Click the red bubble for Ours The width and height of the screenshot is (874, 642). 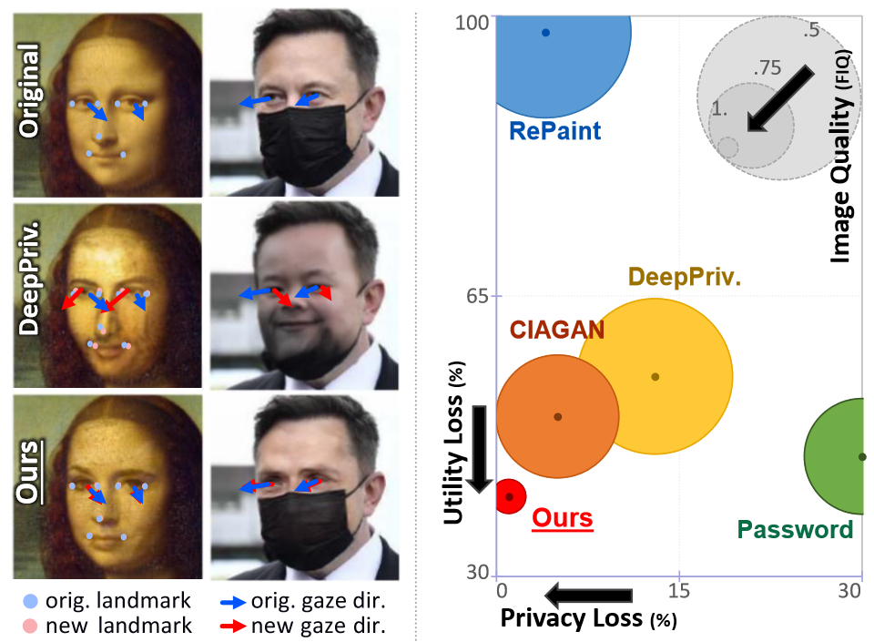point(510,496)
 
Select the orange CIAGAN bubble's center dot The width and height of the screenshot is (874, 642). point(558,417)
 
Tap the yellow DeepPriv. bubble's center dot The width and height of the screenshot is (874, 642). point(655,377)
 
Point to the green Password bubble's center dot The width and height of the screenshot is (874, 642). point(862,456)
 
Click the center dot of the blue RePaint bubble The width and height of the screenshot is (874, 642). point(545,33)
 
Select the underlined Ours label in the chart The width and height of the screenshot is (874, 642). point(562,519)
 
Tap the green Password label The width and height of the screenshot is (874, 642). point(795,529)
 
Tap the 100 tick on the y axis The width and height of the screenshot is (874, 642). point(473,21)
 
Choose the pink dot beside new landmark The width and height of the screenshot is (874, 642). point(31,626)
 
